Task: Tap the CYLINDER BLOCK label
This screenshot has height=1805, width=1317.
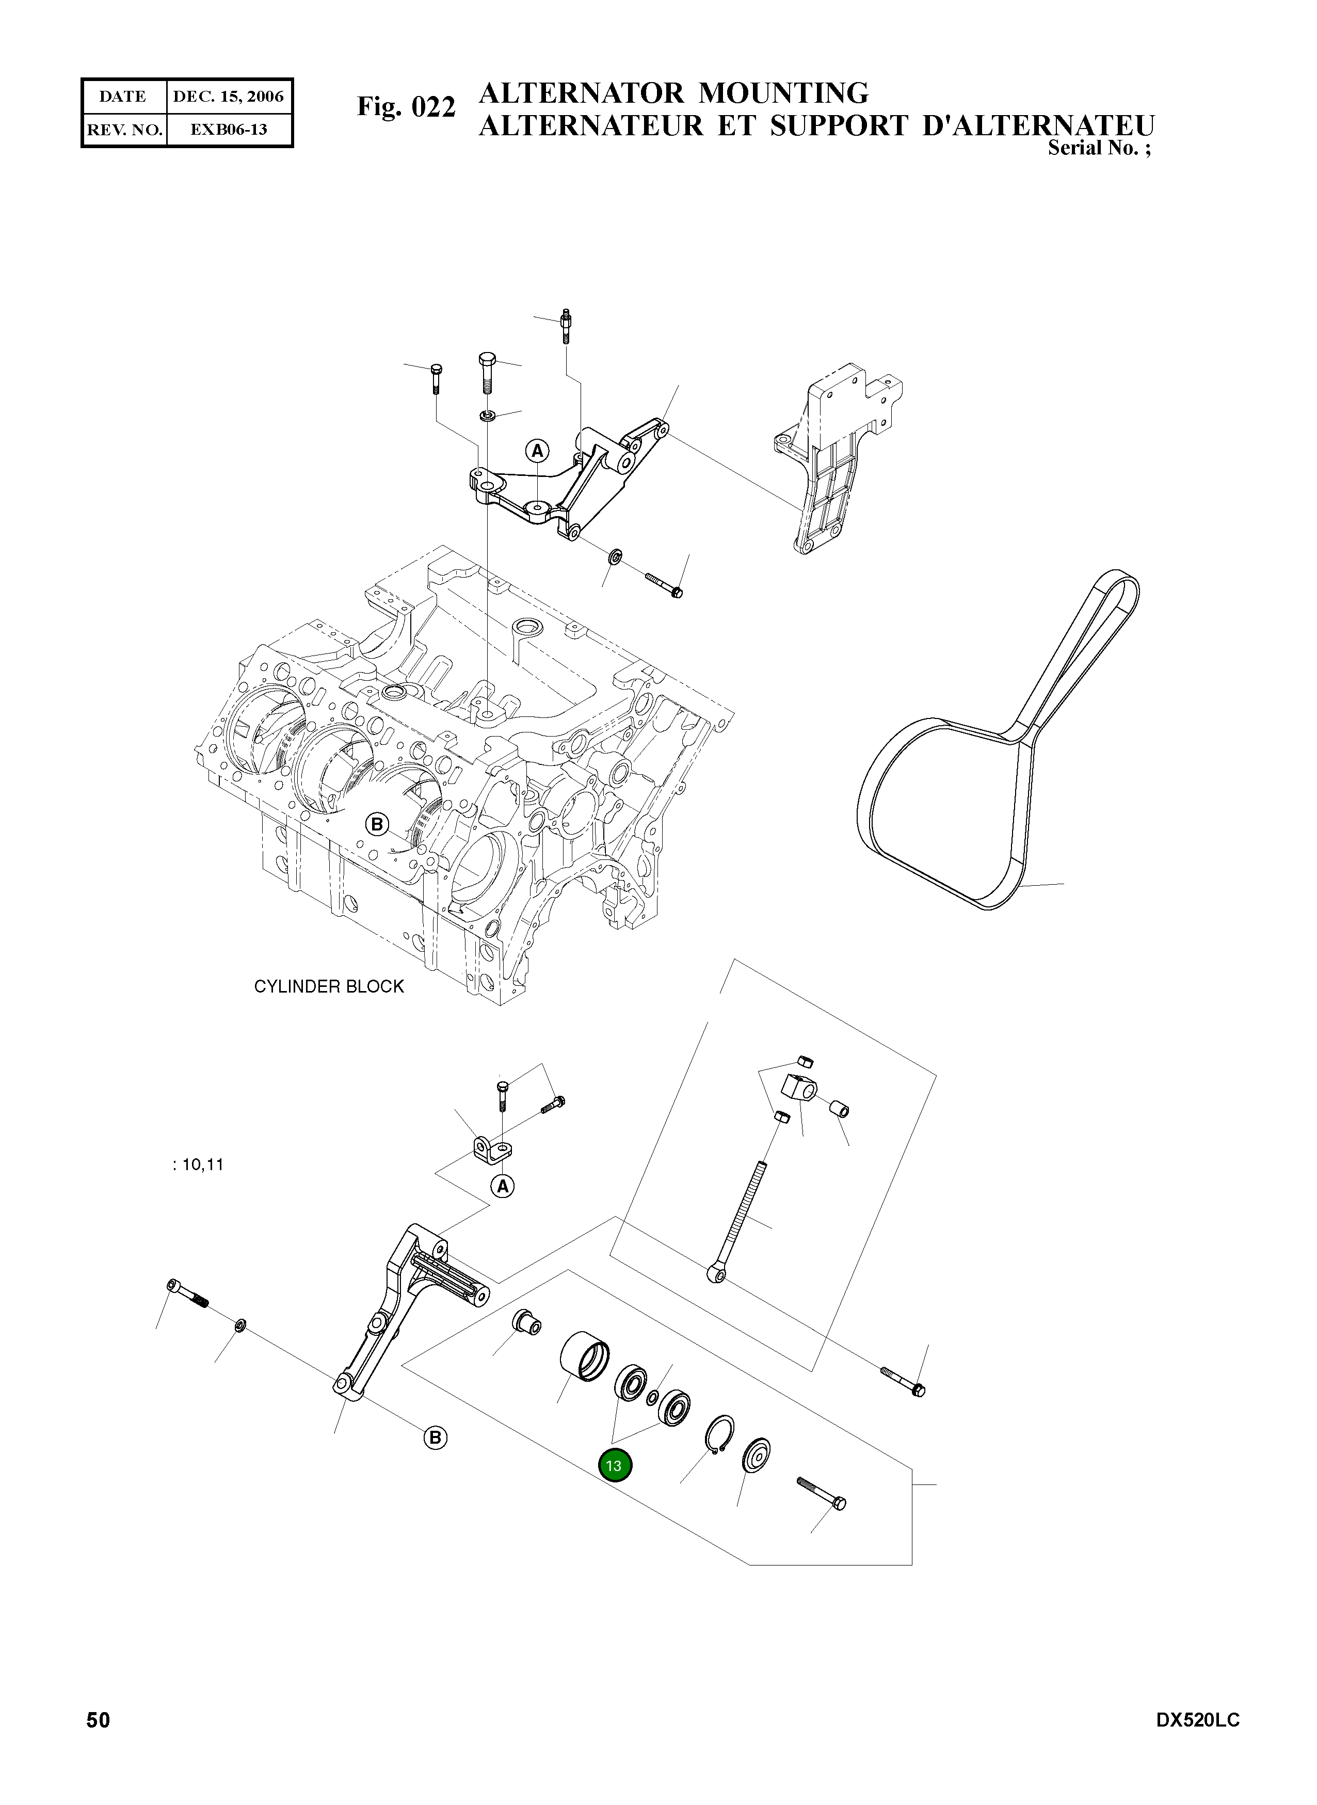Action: click(328, 986)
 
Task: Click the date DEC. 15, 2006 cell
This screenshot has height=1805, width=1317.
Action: click(228, 97)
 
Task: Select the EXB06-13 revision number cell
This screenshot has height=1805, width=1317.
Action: click(228, 129)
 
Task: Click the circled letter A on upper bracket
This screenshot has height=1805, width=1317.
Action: click(537, 451)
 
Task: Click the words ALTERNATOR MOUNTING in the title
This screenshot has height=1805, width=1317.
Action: click(673, 93)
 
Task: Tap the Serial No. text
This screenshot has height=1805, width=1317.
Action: click(1099, 148)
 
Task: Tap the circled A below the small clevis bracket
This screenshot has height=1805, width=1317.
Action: click(502, 1186)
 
